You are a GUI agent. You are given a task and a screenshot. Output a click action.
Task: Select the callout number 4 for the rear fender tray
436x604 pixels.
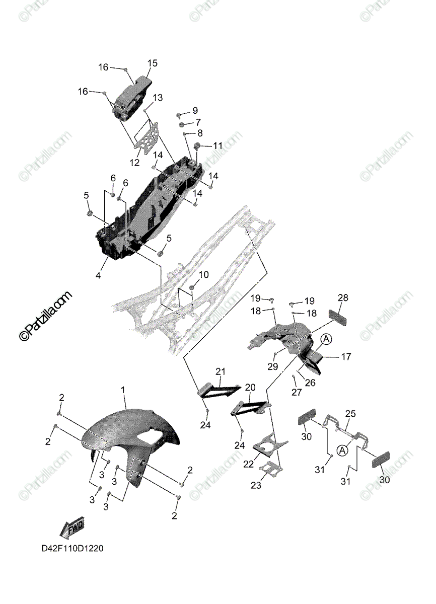pos(99,275)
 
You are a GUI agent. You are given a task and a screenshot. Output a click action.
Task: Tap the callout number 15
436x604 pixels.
pos(152,63)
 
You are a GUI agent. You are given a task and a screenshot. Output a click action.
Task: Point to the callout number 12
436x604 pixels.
pos(134,163)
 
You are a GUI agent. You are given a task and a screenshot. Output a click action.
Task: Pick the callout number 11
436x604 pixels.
pos(217,145)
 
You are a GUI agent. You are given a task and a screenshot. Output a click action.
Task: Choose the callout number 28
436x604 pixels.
pos(343,298)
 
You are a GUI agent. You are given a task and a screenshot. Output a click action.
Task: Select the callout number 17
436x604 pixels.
pos(346,357)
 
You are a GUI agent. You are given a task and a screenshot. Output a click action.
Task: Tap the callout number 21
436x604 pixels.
pos(220,372)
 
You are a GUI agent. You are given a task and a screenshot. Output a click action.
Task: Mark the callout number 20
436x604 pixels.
pos(250,388)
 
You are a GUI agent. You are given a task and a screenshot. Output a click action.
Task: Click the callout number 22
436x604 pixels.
pos(249,463)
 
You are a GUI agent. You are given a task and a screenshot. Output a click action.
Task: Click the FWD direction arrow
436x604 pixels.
pos(71,528)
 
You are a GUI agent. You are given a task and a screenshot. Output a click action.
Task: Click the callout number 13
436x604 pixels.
pos(158,98)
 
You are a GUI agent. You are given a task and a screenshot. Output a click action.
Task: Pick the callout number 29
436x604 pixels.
pos(272,367)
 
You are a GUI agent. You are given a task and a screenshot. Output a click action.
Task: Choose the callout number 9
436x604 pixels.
pos(194,110)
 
